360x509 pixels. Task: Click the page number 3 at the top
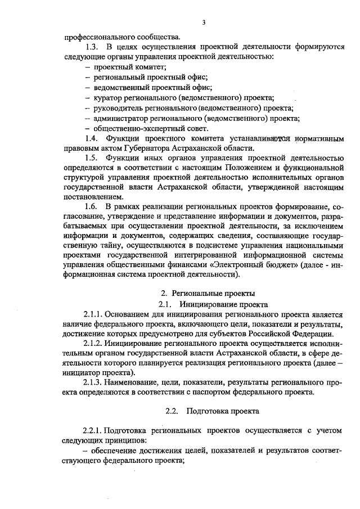click(204, 22)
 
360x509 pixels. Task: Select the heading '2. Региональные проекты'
click(208, 294)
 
